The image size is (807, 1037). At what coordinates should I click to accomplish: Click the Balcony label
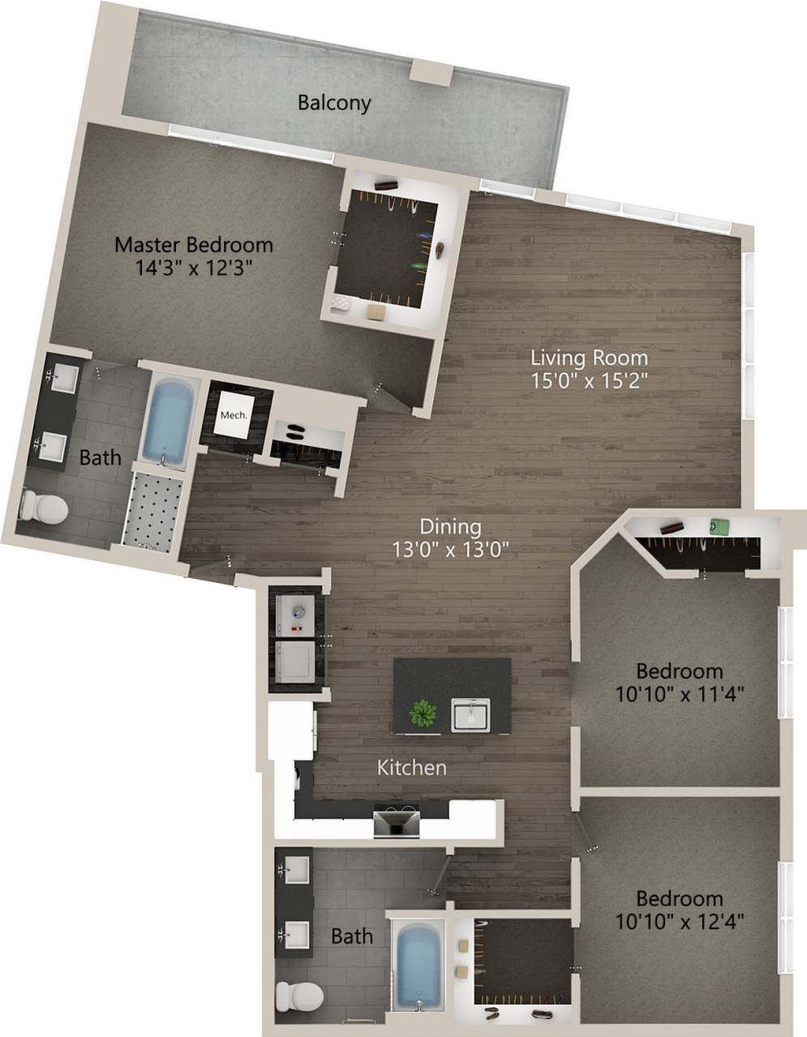click(x=334, y=103)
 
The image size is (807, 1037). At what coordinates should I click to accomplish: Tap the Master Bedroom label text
click(x=193, y=244)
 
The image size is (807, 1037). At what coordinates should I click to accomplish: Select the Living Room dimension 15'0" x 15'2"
click(x=590, y=380)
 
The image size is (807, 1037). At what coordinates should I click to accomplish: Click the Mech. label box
click(x=234, y=415)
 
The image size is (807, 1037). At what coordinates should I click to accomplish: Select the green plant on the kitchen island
click(x=423, y=713)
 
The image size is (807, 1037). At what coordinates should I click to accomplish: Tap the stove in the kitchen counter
click(x=397, y=821)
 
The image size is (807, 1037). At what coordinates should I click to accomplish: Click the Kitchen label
click(x=412, y=767)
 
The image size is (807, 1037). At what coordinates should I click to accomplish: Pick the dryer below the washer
click(x=295, y=662)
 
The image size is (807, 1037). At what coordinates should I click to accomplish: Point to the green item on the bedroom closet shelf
click(x=716, y=525)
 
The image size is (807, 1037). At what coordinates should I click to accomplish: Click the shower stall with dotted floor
click(x=155, y=511)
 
